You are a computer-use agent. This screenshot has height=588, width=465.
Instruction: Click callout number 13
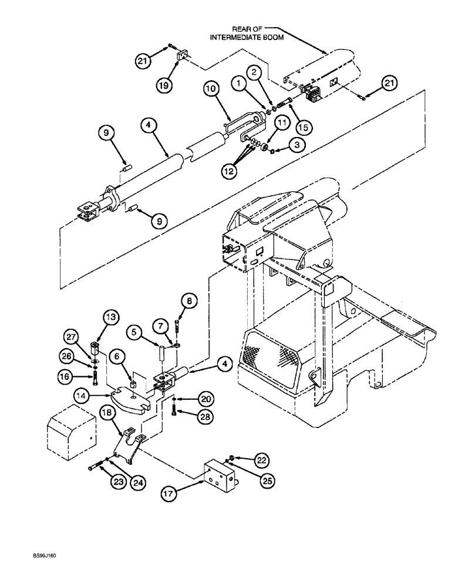pyautogui.click(x=111, y=318)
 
